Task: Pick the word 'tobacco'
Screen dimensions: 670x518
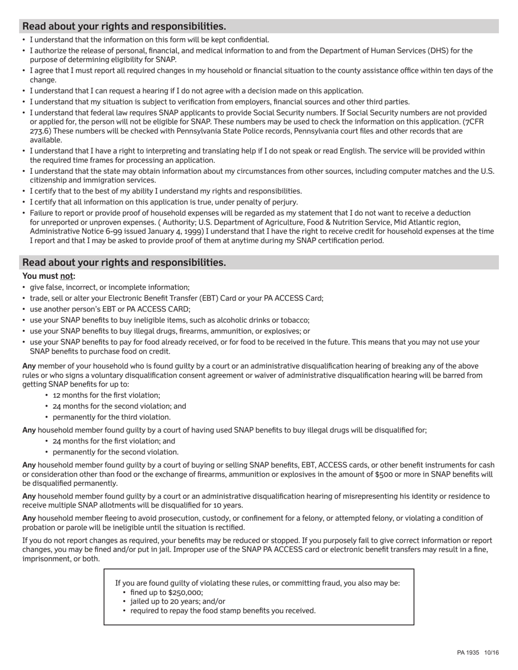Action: pos(295,320)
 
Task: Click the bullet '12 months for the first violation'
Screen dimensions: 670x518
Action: pos(106,395)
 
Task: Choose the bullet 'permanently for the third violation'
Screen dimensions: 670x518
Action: pos(111,417)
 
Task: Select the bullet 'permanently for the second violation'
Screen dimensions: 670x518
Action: pos(115,452)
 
